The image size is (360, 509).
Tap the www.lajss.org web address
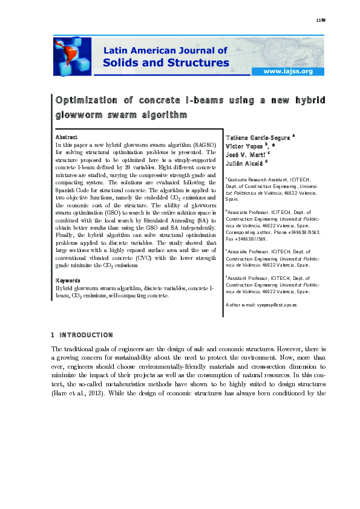[287, 71]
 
